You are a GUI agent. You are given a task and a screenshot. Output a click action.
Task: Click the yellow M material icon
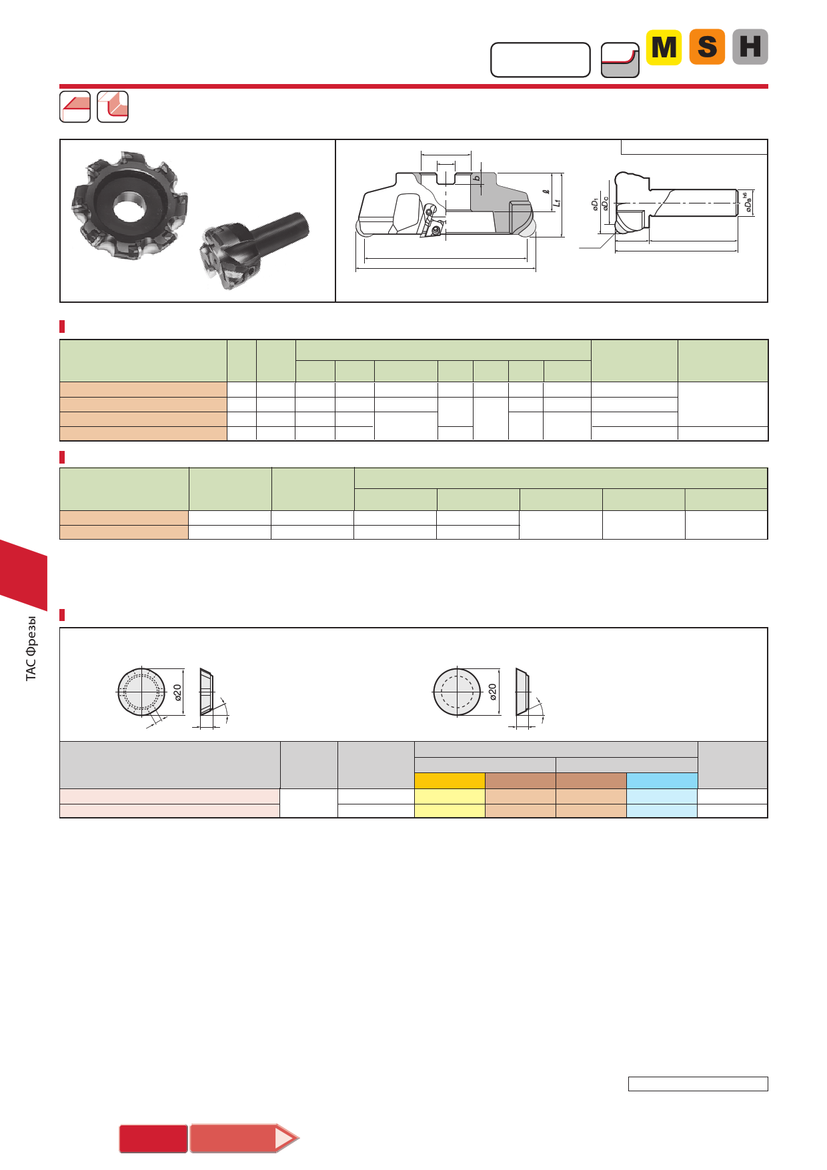point(664,47)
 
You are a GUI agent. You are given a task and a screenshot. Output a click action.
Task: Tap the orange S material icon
point(707,47)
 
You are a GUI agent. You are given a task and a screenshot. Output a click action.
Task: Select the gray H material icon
point(750,47)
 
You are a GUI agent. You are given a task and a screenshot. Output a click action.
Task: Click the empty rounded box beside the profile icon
point(540,60)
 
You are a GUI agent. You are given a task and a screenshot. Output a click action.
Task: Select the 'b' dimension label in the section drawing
point(477,178)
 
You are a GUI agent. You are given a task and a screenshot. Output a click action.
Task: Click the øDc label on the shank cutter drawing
point(605,203)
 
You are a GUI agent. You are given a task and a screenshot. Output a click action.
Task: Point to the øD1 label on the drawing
point(595,204)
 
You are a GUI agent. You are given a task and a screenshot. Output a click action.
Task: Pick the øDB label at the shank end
point(747,203)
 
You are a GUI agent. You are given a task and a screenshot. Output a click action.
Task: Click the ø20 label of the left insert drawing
point(177,692)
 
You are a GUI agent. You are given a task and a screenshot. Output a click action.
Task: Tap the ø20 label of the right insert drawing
point(493,692)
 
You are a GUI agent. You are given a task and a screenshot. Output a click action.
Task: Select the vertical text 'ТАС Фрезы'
point(31,648)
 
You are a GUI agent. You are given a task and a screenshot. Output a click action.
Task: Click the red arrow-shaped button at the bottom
point(244,1138)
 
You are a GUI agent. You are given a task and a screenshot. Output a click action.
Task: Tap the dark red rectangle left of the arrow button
point(153,1139)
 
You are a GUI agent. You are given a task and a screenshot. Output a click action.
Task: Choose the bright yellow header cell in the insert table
point(450,780)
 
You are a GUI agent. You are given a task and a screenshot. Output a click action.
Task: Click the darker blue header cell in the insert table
point(662,780)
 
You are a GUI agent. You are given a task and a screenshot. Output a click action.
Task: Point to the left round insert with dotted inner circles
point(141,692)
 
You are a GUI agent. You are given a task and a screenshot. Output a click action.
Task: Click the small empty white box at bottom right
point(698,1084)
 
